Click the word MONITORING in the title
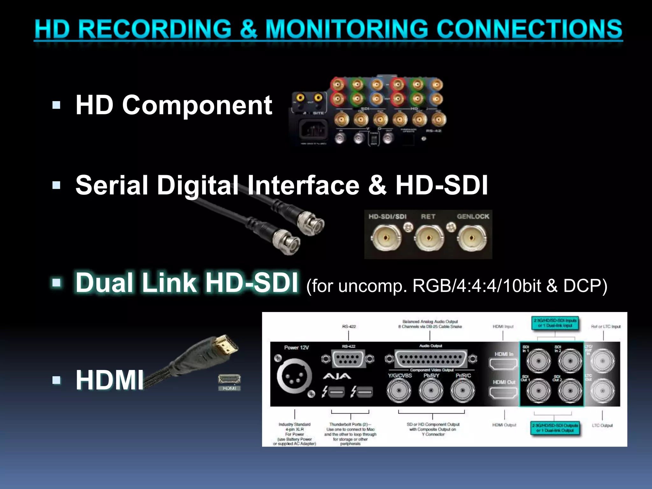pyautogui.click(x=347, y=29)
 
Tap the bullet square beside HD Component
pyautogui.click(x=56, y=105)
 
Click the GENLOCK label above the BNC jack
pyautogui.click(x=473, y=216)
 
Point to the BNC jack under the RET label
pyautogui.click(x=429, y=238)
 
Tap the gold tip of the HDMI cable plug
pyautogui.click(x=227, y=345)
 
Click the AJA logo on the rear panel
pyautogui.click(x=337, y=377)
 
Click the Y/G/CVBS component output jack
pyautogui.click(x=399, y=391)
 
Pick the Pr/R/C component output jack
pyautogui.click(x=463, y=391)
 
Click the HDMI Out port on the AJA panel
pyautogui.click(x=503, y=393)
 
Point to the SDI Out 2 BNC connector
pyautogui.click(x=570, y=391)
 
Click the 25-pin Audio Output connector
pyautogui.click(x=430, y=358)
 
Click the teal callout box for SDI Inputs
pyautogui.click(x=555, y=323)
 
